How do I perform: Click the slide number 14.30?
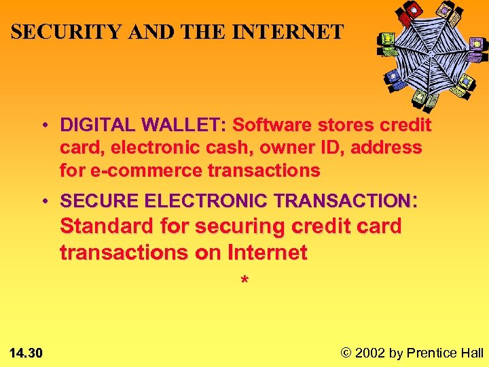click(26, 352)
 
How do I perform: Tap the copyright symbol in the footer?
click(346, 352)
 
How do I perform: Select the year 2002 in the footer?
click(370, 352)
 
